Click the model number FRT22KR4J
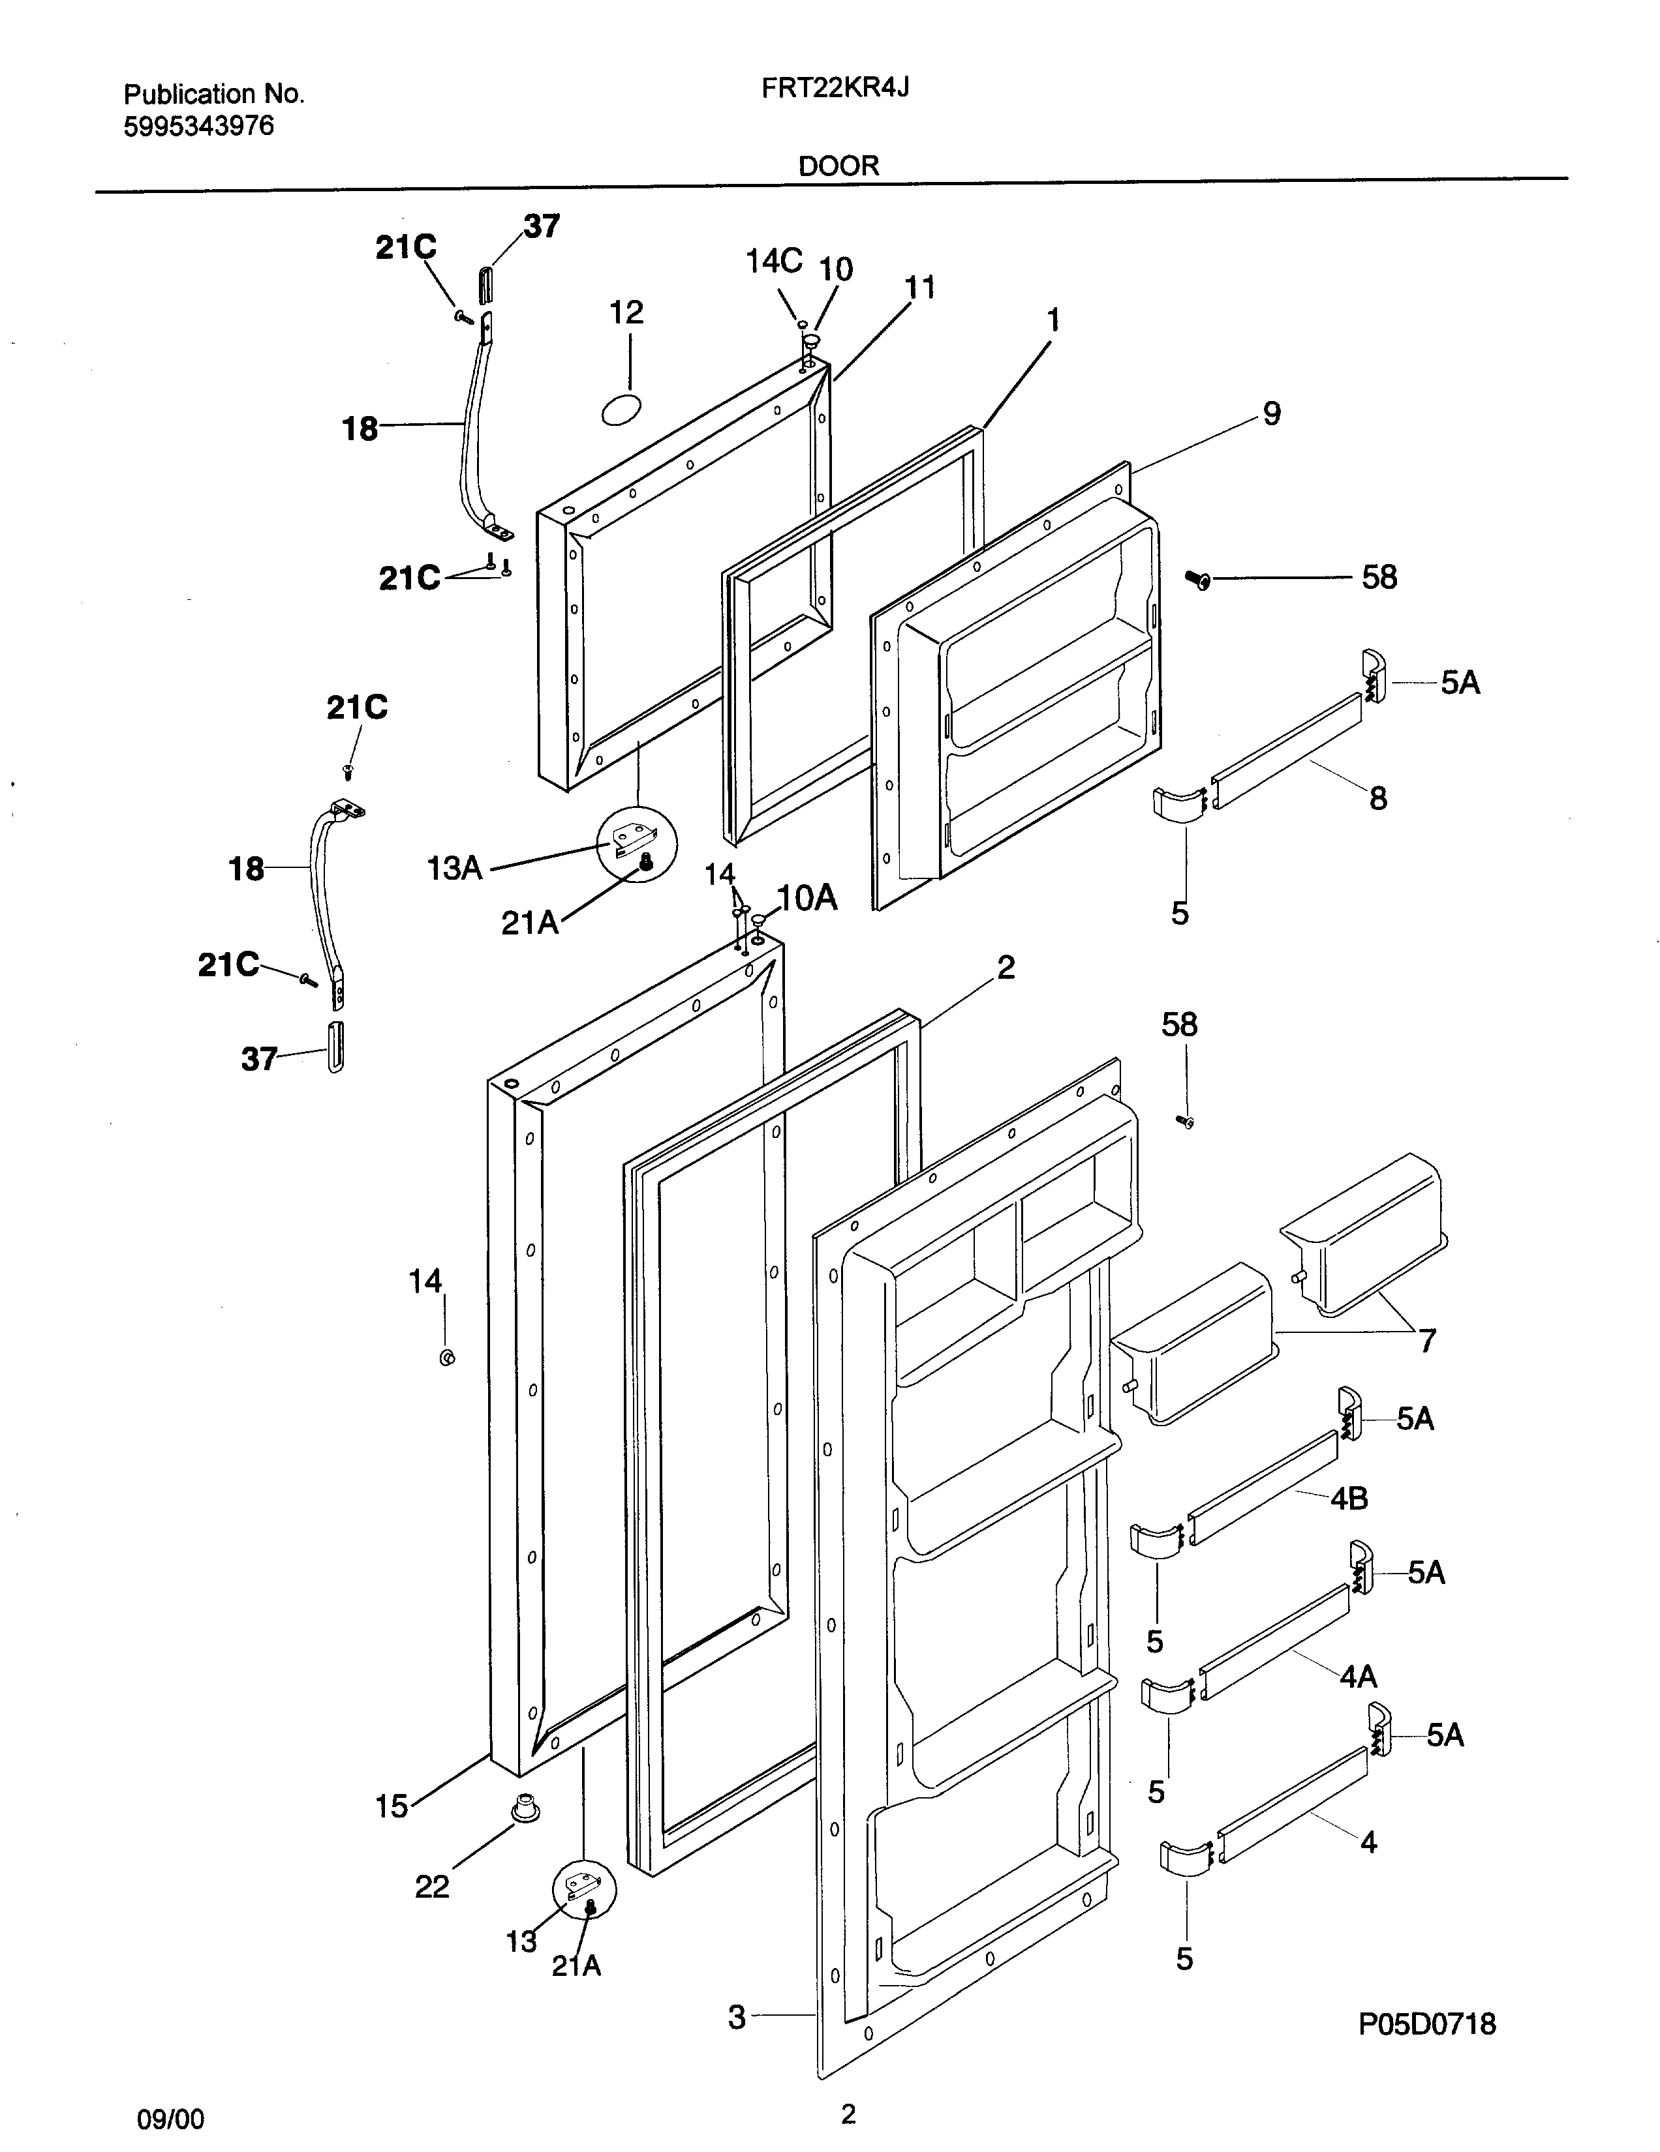tap(835, 89)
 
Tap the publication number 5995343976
tap(198, 126)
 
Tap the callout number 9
tap(1272, 414)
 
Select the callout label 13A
tap(454, 868)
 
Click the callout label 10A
tap(807, 898)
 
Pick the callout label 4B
tap(1349, 1499)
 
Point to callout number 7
tap(1426, 1340)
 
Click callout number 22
tap(432, 1886)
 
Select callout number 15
tap(392, 1806)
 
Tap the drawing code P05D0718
tap(1426, 2024)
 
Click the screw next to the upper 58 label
tap(1201, 579)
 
